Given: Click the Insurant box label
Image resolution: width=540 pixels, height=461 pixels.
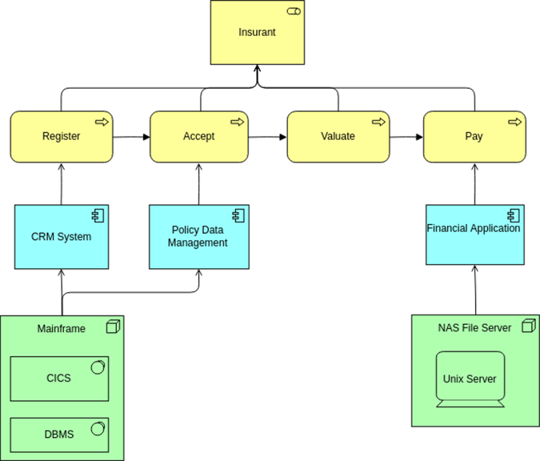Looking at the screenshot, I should [x=257, y=33].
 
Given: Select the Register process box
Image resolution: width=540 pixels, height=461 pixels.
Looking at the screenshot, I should [x=62, y=137].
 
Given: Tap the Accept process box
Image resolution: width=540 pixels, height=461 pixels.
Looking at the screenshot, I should [x=198, y=137].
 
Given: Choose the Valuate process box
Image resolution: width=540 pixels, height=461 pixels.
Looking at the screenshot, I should [x=338, y=137].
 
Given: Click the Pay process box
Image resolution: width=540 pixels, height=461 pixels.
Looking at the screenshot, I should [x=474, y=137].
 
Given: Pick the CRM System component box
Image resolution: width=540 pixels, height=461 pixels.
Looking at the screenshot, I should [x=62, y=237].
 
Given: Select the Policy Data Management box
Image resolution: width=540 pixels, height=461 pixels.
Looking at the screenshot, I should [x=198, y=237].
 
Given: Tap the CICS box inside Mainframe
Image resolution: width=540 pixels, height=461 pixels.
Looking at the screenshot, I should [x=59, y=378].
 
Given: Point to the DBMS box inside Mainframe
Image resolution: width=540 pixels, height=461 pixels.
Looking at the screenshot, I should [x=59, y=434].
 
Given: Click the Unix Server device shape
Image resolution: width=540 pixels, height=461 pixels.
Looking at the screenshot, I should [x=470, y=379].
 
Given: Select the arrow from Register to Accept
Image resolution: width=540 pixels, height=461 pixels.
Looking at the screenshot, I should [x=131, y=137].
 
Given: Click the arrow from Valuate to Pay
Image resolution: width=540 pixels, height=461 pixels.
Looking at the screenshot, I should [x=406, y=137].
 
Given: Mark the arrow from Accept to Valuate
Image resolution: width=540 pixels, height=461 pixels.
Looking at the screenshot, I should [x=267, y=137].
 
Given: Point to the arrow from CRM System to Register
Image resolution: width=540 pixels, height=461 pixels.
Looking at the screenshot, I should [x=62, y=183].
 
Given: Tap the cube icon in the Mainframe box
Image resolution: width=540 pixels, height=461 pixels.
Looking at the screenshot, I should [x=113, y=327].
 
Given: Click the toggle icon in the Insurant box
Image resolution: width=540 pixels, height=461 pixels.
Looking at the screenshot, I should [x=293, y=11].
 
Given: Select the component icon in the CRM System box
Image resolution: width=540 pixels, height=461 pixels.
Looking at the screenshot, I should [x=98, y=214].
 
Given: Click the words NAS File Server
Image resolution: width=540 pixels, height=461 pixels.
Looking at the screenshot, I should [x=474, y=327].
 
